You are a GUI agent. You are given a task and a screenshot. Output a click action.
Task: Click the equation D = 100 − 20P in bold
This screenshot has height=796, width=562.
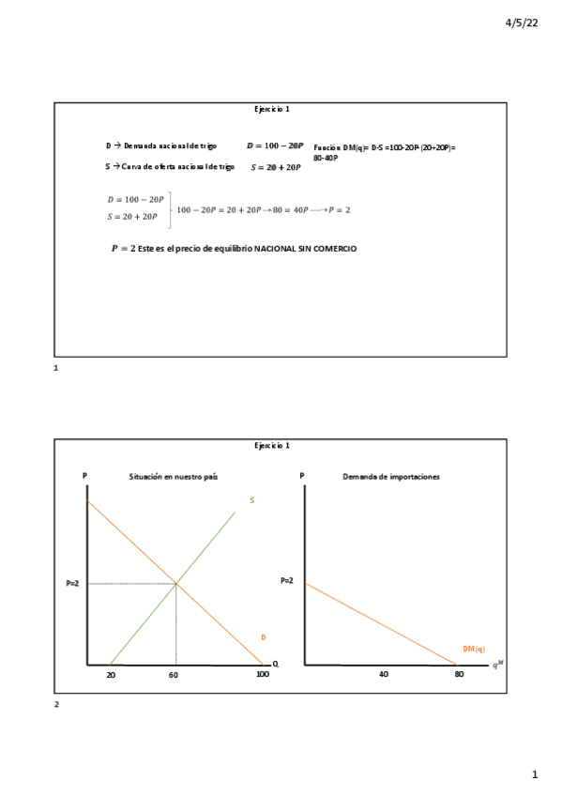point(275,146)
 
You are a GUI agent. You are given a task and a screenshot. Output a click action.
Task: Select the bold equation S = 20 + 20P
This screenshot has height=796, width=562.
point(276,167)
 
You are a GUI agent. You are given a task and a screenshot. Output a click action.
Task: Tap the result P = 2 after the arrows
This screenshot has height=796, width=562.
point(339,209)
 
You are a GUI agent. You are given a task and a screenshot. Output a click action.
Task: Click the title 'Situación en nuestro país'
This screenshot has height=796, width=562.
point(174,477)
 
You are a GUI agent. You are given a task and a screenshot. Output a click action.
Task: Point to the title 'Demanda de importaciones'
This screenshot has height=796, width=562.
point(392,477)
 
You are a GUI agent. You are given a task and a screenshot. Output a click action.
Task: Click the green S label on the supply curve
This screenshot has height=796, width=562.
point(251,500)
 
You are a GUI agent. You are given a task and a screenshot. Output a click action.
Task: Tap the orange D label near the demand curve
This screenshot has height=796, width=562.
point(264,637)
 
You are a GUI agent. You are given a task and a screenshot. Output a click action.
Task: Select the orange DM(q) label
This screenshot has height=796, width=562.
point(474,649)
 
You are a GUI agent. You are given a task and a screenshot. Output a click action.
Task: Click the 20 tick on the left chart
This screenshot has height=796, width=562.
point(111,675)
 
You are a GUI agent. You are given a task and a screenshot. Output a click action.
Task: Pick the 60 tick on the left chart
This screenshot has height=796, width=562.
point(174,675)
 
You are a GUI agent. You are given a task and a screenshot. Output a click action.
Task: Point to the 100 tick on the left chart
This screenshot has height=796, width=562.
point(262,675)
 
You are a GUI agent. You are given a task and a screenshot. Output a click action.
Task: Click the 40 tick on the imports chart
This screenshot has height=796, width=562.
point(384,674)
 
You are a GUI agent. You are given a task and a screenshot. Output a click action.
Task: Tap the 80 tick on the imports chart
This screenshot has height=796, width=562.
point(459,674)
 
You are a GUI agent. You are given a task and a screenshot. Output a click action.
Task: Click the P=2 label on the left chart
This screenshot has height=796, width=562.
point(72,584)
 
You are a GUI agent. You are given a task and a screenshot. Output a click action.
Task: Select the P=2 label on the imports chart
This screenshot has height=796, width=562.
point(287,581)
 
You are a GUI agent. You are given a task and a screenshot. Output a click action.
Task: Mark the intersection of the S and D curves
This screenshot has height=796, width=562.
point(176,584)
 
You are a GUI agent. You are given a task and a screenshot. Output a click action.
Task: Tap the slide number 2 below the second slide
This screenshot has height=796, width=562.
point(56,703)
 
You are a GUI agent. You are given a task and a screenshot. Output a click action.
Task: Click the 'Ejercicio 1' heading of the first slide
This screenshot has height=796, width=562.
point(272,110)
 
